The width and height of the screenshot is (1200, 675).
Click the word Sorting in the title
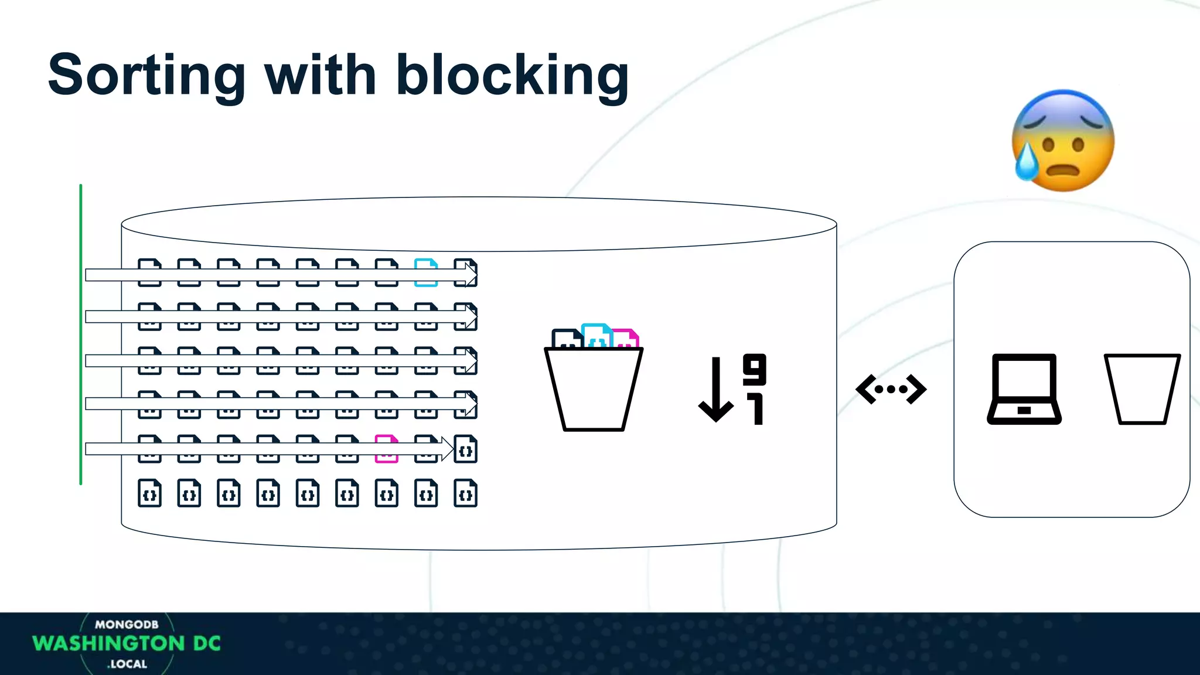(x=146, y=76)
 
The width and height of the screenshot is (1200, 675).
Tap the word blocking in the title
(x=512, y=76)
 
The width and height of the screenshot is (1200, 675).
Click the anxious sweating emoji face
(x=1063, y=141)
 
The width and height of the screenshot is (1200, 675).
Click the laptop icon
(x=1024, y=389)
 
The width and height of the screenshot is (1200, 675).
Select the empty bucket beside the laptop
(x=1142, y=389)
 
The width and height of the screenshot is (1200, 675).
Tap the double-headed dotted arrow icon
(x=891, y=389)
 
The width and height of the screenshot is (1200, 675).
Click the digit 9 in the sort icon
(x=754, y=369)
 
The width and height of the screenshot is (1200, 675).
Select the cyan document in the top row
(x=426, y=272)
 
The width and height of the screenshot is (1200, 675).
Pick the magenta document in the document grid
(x=386, y=449)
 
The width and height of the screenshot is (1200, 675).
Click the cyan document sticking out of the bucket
(x=596, y=335)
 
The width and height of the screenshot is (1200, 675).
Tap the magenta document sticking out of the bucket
(x=626, y=338)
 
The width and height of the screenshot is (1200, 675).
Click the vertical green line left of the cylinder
(x=81, y=334)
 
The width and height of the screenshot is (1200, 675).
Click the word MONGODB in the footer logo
(x=127, y=625)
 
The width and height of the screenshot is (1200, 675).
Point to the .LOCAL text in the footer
(x=127, y=664)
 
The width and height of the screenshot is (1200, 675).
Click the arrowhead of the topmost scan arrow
(x=471, y=274)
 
